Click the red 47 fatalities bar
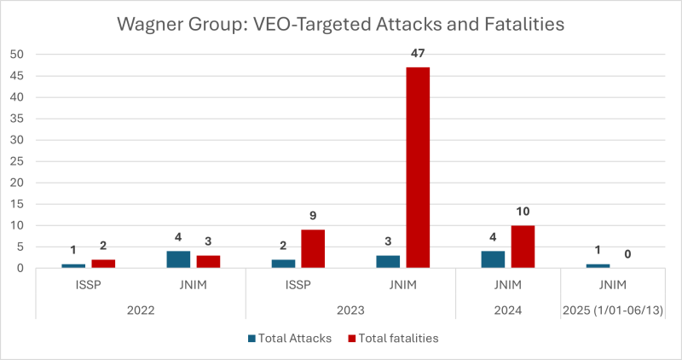pyautogui.click(x=418, y=167)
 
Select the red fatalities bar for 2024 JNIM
pyautogui.click(x=523, y=247)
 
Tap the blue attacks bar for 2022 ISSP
pyautogui.click(x=73, y=265)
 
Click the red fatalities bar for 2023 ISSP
pyautogui.click(x=313, y=248)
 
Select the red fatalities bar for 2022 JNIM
pyautogui.click(x=207, y=261)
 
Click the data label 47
pyautogui.click(x=418, y=52)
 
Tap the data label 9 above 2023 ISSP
pyautogui.click(x=313, y=215)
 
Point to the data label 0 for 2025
pyautogui.click(x=627, y=253)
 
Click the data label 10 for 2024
pyautogui.click(x=523, y=211)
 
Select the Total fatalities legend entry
pyautogui.click(x=394, y=338)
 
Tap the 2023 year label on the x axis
pyautogui.click(x=350, y=312)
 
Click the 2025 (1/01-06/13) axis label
pyautogui.click(x=614, y=312)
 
